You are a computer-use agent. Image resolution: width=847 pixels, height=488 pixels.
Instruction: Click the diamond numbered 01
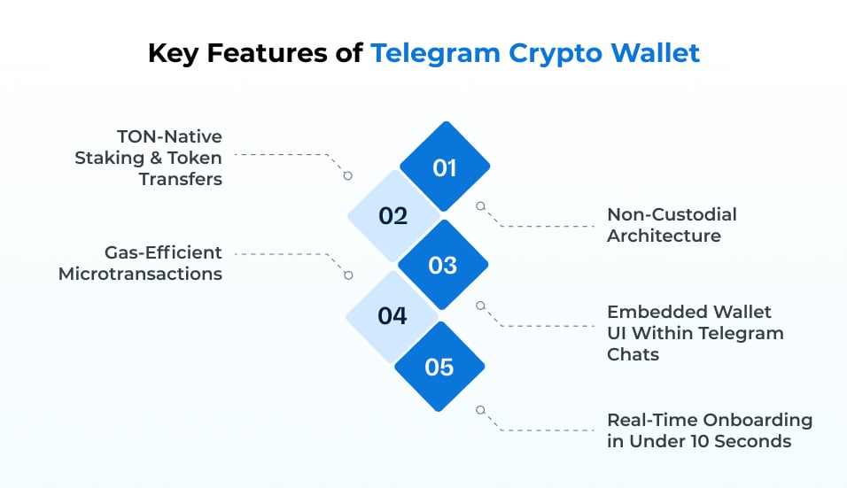pyautogui.click(x=444, y=167)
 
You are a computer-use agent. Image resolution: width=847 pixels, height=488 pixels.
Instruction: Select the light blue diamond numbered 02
pyautogui.click(x=392, y=216)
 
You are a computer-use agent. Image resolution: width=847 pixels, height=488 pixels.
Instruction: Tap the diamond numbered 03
pyautogui.click(x=442, y=266)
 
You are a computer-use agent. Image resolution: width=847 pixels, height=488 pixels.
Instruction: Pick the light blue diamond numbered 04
pyautogui.click(x=392, y=316)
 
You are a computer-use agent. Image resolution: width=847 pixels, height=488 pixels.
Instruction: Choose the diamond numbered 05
pyautogui.click(x=439, y=367)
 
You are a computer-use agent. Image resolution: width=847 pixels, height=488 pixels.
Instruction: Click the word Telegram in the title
pyautogui.click(x=436, y=52)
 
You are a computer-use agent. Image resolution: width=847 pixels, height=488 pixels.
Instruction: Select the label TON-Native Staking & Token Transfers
pyautogui.click(x=148, y=157)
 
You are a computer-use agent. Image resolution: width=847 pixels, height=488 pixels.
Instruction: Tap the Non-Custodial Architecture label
pyautogui.click(x=672, y=225)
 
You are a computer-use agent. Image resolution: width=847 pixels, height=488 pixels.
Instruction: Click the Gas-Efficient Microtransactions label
pyautogui.click(x=140, y=263)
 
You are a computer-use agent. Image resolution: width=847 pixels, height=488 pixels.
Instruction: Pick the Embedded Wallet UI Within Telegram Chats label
pyautogui.click(x=695, y=333)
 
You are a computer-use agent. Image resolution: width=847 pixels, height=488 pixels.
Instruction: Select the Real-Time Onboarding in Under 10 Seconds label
pyautogui.click(x=709, y=430)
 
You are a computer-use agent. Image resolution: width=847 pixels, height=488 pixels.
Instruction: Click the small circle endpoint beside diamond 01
pyautogui.click(x=481, y=205)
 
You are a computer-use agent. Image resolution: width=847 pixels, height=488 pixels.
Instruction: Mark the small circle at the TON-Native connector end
pyautogui.click(x=348, y=176)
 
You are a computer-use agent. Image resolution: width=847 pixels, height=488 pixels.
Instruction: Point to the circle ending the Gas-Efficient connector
pyautogui.click(x=348, y=275)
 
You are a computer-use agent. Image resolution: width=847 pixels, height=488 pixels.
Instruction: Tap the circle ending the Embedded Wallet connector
pyautogui.click(x=481, y=306)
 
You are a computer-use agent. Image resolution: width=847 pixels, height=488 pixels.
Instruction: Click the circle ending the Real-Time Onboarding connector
pyautogui.click(x=481, y=410)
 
